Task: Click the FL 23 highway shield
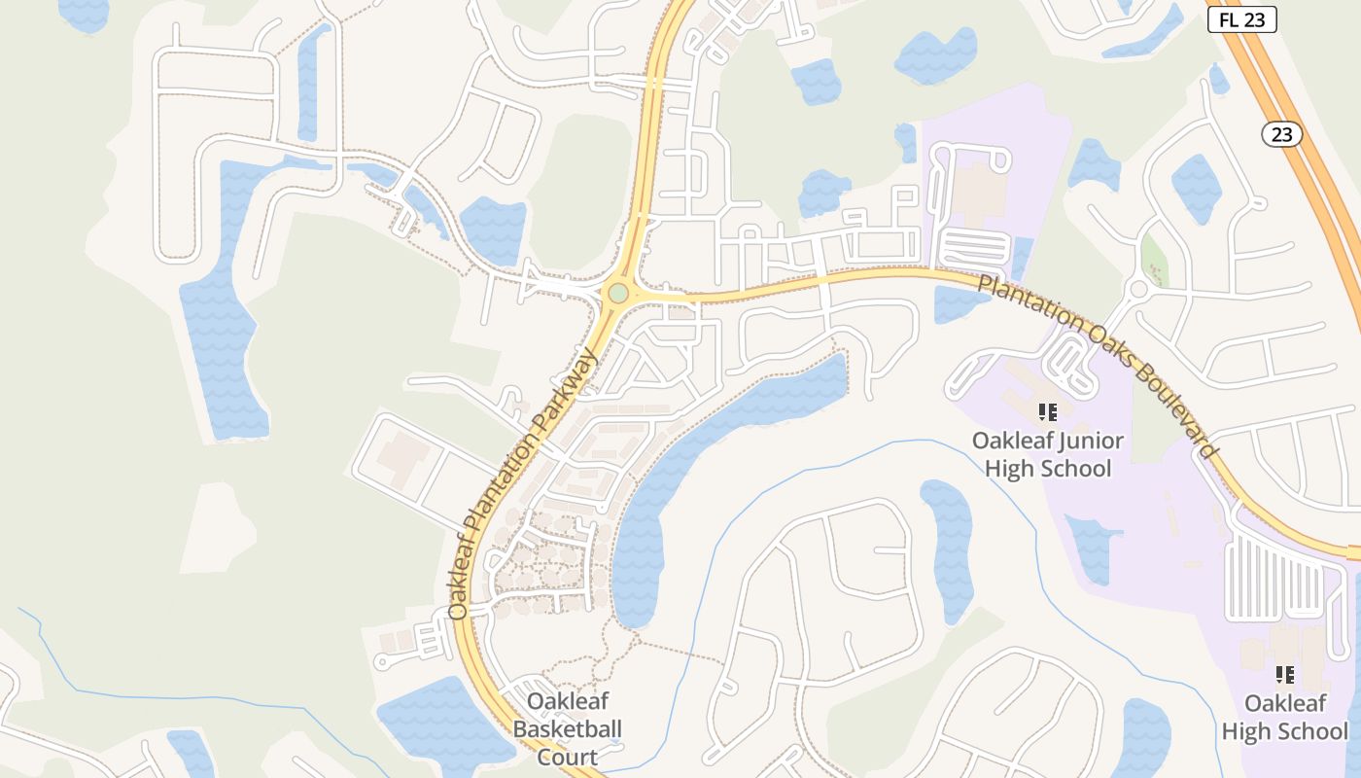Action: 1241,19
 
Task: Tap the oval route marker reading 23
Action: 1282,134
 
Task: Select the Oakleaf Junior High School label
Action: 1047,454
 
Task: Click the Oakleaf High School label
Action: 1284,717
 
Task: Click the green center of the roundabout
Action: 618,292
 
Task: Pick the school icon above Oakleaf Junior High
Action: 1047,412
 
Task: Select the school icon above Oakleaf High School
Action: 1284,674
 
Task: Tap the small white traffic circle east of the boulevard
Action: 1138,289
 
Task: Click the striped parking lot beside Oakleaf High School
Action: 1274,578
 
